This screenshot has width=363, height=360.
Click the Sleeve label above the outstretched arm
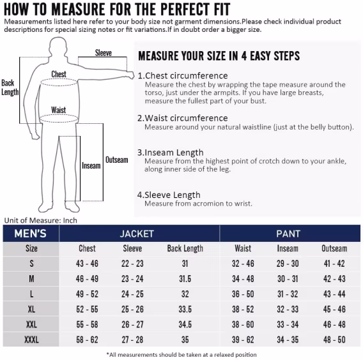(x=104, y=53)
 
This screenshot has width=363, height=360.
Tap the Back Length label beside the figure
(x=10, y=87)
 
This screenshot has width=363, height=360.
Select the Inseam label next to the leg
(x=91, y=165)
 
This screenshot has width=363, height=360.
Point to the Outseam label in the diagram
(x=117, y=160)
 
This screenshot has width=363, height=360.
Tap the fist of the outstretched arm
(x=131, y=75)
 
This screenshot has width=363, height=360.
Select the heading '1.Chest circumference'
(x=183, y=75)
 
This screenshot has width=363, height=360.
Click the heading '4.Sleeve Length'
(x=169, y=195)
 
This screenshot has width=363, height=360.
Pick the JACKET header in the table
(x=137, y=234)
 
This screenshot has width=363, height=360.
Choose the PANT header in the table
(x=288, y=234)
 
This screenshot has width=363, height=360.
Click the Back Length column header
(x=185, y=248)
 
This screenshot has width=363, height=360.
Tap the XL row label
(x=31, y=310)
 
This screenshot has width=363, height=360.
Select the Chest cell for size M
(x=87, y=279)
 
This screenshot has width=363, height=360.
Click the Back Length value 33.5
(x=185, y=310)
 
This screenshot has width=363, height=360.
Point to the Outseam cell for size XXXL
(x=334, y=340)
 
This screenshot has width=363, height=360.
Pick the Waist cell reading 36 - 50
(x=243, y=294)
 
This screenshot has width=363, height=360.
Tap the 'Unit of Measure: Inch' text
(x=41, y=220)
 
